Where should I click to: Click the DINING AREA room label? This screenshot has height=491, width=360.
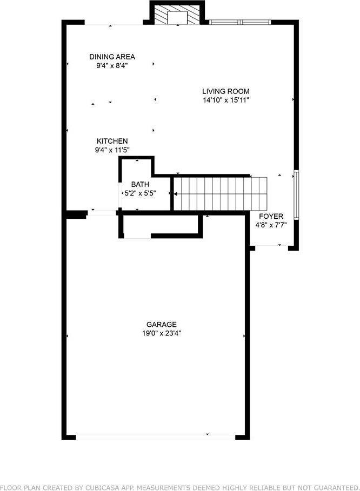[112, 57]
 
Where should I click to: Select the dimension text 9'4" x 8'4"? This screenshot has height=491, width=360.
[112, 65]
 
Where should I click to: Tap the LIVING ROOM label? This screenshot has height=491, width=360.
[226, 91]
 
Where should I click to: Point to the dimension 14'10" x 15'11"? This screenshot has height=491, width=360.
[226, 100]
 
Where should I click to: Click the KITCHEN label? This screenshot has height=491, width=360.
[112, 141]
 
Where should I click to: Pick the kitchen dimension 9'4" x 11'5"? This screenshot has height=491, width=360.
[112, 150]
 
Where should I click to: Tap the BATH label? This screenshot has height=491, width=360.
[136, 184]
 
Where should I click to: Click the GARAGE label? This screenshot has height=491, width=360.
[158, 325]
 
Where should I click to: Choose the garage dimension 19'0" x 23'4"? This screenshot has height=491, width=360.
[158, 333]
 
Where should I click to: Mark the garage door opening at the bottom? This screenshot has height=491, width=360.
[156, 435]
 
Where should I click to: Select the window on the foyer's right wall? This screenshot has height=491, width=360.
[295, 193]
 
